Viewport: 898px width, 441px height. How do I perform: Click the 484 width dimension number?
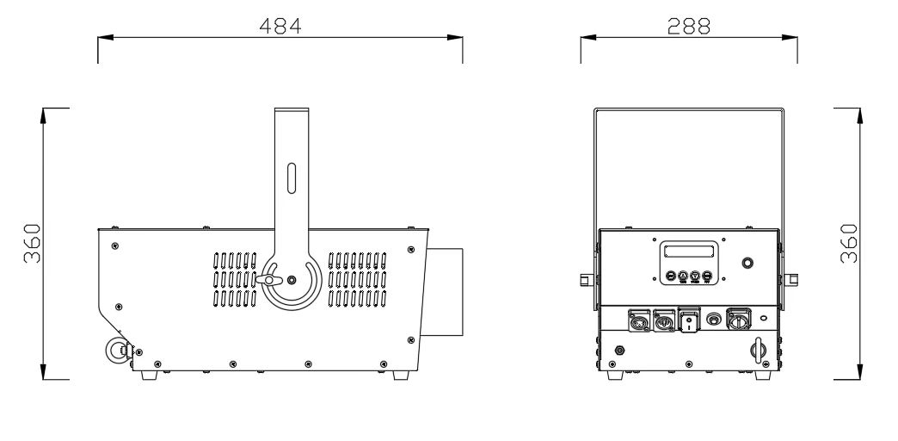(x=280, y=26)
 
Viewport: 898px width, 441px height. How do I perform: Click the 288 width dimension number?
(x=689, y=26)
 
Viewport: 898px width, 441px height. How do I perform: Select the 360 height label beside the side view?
(x=33, y=243)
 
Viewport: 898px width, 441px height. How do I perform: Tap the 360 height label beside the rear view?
(x=849, y=243)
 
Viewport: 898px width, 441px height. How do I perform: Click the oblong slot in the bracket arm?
(x=292, y=178)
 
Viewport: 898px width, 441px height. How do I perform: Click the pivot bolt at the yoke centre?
(x=292, y=281)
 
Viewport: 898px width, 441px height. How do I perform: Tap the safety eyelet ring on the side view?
(x=114, y=349)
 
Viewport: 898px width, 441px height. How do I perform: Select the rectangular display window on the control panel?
(x=689, y=252)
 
